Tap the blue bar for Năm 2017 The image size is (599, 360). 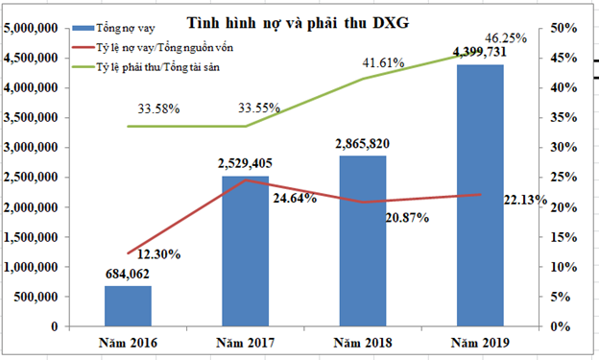pyautogui.click(x=245, y=251)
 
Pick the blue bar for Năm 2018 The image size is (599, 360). pyautogui.click(x=362, y=241)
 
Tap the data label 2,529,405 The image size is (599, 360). pyautogui.click(x=245, y=166)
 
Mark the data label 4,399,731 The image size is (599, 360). pyautogui.click(x=482, y=54)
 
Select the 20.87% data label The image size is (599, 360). pyautogui.click(x=406, y=218)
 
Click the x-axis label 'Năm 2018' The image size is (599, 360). pyautogui.click(x=362, y=343)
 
